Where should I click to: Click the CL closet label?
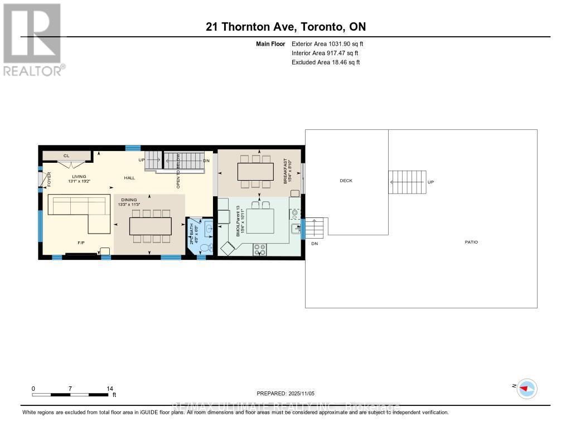point(66,156)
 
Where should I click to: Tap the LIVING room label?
point(78,177)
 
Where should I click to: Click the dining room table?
point(150,226)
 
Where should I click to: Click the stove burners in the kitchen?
point(260,250)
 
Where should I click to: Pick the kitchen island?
point(260,220)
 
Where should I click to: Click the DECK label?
point(346,180)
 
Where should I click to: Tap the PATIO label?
point(471,242)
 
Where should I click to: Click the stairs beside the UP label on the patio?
point(407,182)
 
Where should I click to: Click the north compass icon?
point(526,388)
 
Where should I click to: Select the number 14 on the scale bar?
point(110,388)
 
